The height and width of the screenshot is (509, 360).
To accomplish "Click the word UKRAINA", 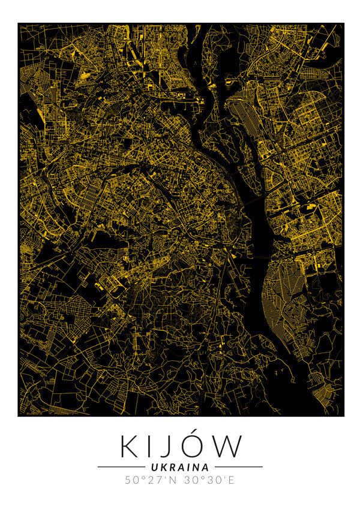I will click(180, 466).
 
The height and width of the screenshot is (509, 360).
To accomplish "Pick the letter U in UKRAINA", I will click(154, 466).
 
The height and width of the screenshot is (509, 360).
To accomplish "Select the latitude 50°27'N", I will click(151, 480).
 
